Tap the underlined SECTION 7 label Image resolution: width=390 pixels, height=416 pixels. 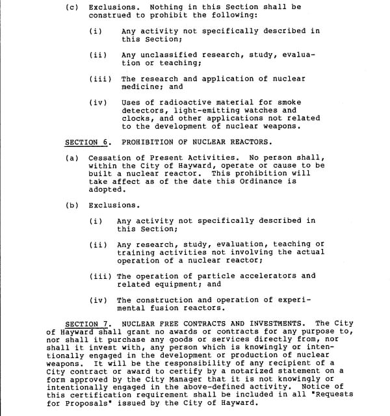click(x=89, y=323)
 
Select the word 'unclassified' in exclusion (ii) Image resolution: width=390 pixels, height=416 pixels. click(x=162, y=55)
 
